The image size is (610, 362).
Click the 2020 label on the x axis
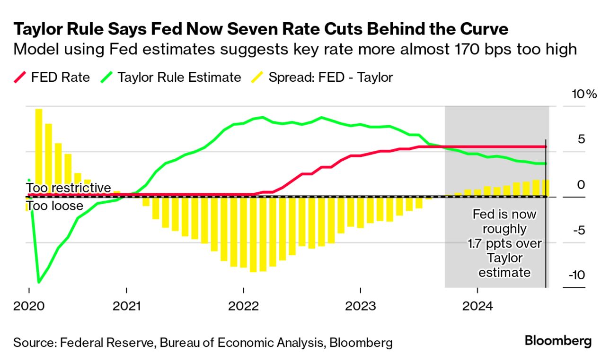point(29,306)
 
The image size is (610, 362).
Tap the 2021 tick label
point(127,306)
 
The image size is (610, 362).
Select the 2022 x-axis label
point(243,306)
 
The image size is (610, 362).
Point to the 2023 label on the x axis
point(361,306)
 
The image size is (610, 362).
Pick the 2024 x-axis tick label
point(477,306)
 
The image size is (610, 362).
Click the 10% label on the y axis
point(584,94)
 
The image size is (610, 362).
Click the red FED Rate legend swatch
point(18,78)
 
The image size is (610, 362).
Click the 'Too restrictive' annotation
point(68,188)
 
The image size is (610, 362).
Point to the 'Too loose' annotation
point(54,206)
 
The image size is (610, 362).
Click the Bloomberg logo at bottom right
point(558,341)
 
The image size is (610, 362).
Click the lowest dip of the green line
point(39,282)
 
